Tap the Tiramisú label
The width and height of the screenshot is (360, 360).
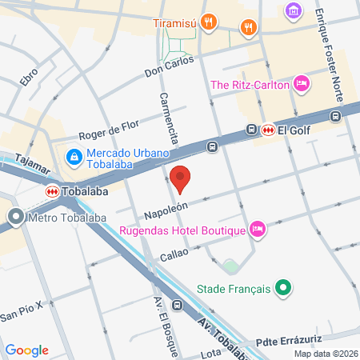174,22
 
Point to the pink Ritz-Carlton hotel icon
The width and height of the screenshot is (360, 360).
302,83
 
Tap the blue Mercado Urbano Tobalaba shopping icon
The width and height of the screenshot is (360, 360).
74,157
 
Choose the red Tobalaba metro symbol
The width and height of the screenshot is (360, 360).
51,192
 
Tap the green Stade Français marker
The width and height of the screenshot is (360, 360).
282,286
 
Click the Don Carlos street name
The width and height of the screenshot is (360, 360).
170,66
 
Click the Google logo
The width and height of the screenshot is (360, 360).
26,350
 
